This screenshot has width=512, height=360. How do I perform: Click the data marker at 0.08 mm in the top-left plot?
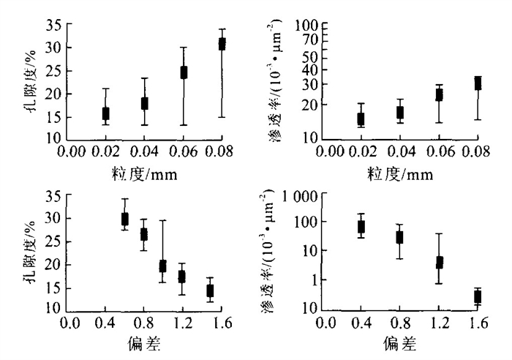[x=222, y=44]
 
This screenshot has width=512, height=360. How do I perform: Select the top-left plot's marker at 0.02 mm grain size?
[x=106, y=113]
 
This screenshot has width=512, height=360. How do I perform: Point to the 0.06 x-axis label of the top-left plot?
[x=183, y=151]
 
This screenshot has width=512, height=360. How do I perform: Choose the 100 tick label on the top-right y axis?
[x=305, y=26]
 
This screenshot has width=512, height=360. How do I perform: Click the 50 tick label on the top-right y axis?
[x=308, y=56]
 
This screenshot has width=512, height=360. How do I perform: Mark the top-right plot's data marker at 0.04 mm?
[x=400, y=113]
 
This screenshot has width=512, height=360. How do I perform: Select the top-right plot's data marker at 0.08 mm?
[x=478, y=83]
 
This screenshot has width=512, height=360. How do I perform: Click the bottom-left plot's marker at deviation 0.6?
[x=125, y=218]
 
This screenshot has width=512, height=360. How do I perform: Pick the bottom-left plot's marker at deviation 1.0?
[x=163, y=266]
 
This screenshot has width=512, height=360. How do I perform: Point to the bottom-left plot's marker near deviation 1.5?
[x=210, y=290]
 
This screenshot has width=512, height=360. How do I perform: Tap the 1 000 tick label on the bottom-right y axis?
[x=298, y=196]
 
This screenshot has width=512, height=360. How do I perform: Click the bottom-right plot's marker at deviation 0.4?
[x=361, y=227]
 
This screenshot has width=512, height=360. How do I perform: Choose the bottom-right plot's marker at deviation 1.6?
[x=478, y=296]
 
